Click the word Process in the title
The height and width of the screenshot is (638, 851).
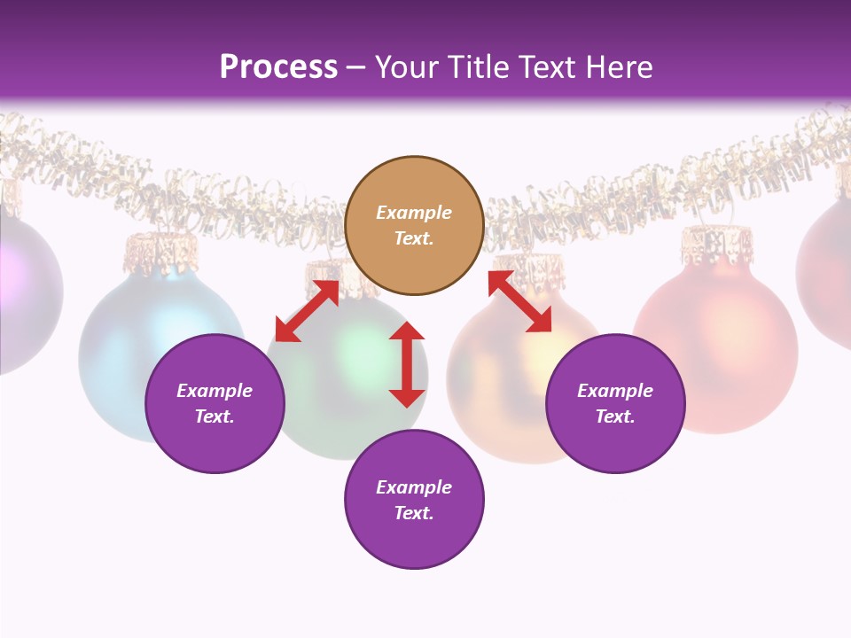[278, 66]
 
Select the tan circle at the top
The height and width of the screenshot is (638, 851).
[414, 226]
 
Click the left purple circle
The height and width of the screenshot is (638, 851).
[215, 404]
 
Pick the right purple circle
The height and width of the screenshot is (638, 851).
[615, 404]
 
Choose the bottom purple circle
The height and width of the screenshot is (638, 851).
[414, 500]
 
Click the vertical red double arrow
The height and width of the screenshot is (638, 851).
[407, 364]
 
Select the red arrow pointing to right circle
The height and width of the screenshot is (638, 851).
[519, 301]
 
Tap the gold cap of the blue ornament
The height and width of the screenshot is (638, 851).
[160, 251]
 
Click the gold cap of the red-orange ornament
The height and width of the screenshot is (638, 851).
[716, 244]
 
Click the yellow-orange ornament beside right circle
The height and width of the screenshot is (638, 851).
[496, 390]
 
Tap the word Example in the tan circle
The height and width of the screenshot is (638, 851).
[414, 213]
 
